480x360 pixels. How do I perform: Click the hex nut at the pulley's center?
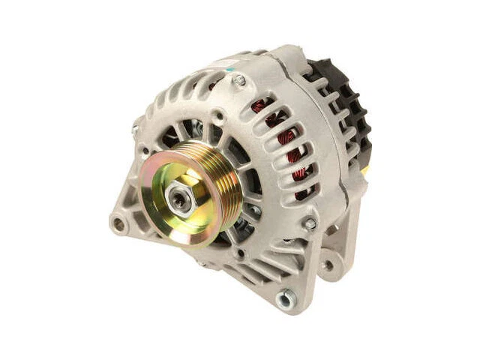point(178,197)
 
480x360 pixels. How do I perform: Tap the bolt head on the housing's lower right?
point(309,223)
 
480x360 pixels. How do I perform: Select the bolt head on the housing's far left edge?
point(136,130)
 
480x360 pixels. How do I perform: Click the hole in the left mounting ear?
point(118,223)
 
